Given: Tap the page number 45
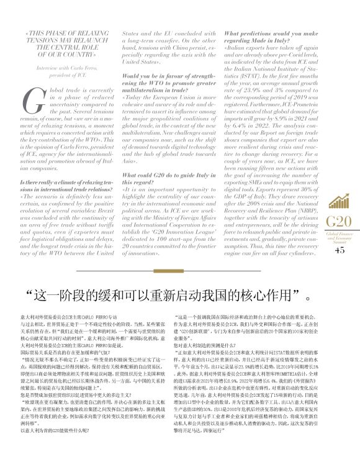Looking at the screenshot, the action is (338, 251).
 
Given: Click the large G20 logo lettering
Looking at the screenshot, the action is (337, 222).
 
